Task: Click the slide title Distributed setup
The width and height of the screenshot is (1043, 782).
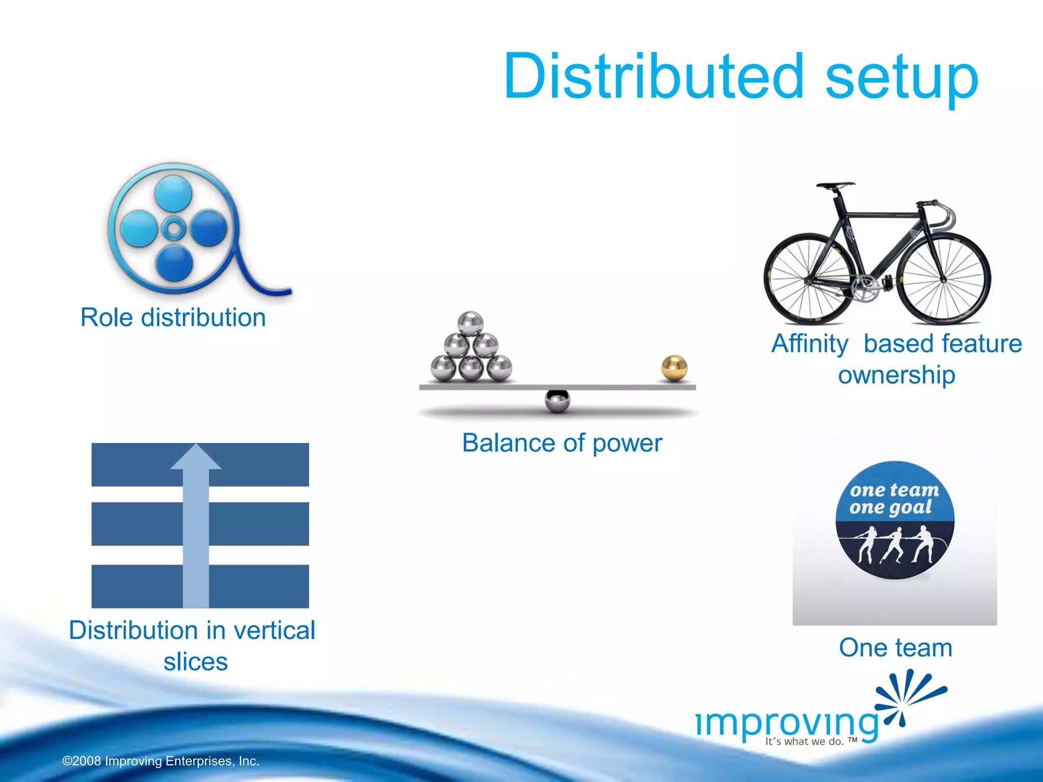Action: pos(740,76)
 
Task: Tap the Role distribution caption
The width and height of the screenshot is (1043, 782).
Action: pos(173,318)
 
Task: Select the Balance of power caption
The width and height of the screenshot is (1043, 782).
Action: pos(562,442)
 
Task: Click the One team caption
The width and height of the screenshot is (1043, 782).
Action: pos(895,648)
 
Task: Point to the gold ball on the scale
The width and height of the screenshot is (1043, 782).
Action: pos(674,368)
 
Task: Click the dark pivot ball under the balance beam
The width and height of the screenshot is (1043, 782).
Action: pos(557,401)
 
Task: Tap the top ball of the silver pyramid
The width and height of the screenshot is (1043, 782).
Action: pos(470,323)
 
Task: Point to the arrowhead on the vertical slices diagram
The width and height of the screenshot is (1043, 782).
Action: pos(196,457)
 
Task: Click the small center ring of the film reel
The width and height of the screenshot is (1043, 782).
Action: pos(174,229)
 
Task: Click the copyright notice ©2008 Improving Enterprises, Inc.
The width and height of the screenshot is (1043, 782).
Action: pos(161,761)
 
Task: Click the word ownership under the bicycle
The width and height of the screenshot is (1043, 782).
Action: pos(896,375)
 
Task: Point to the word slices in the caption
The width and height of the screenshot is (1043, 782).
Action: pos(196,662)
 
